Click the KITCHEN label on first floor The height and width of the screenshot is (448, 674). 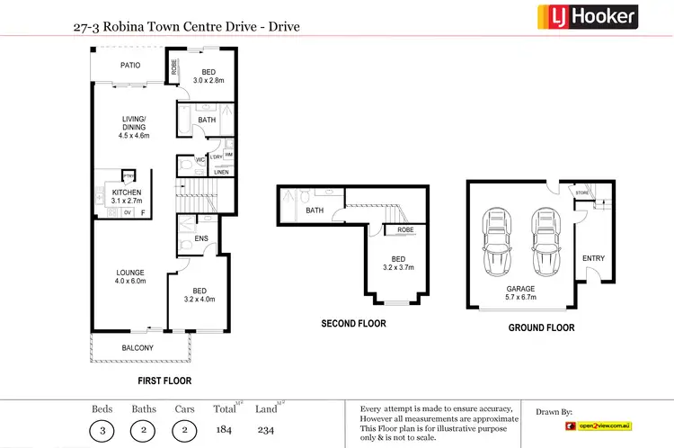[126, 197]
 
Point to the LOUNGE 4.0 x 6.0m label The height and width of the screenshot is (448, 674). [130, 276]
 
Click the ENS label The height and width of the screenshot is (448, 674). [201, 238]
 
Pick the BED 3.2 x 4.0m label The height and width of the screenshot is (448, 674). [200, 295]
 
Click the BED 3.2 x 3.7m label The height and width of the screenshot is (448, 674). [398, 263]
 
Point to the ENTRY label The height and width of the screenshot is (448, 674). [593, 258]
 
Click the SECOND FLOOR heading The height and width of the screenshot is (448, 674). [353, 324]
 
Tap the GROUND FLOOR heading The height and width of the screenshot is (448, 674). [541, 328]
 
